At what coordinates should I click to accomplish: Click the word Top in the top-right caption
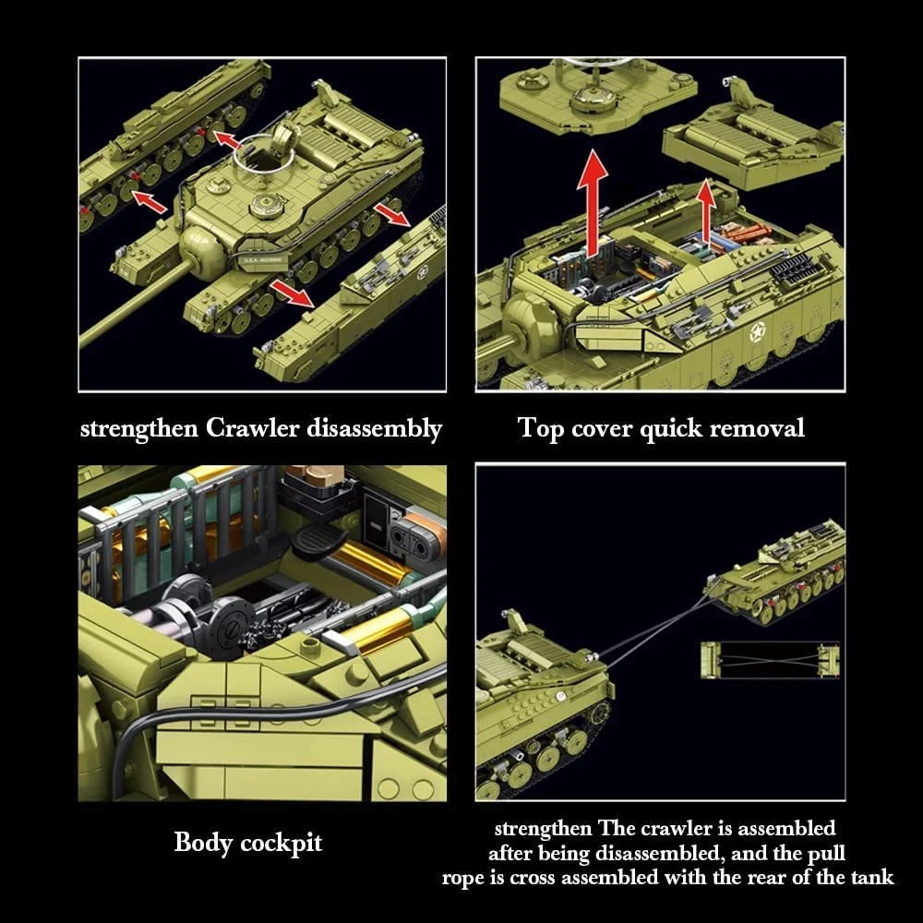tap(539, 429)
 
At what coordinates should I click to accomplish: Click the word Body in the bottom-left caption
tap(204, 843)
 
